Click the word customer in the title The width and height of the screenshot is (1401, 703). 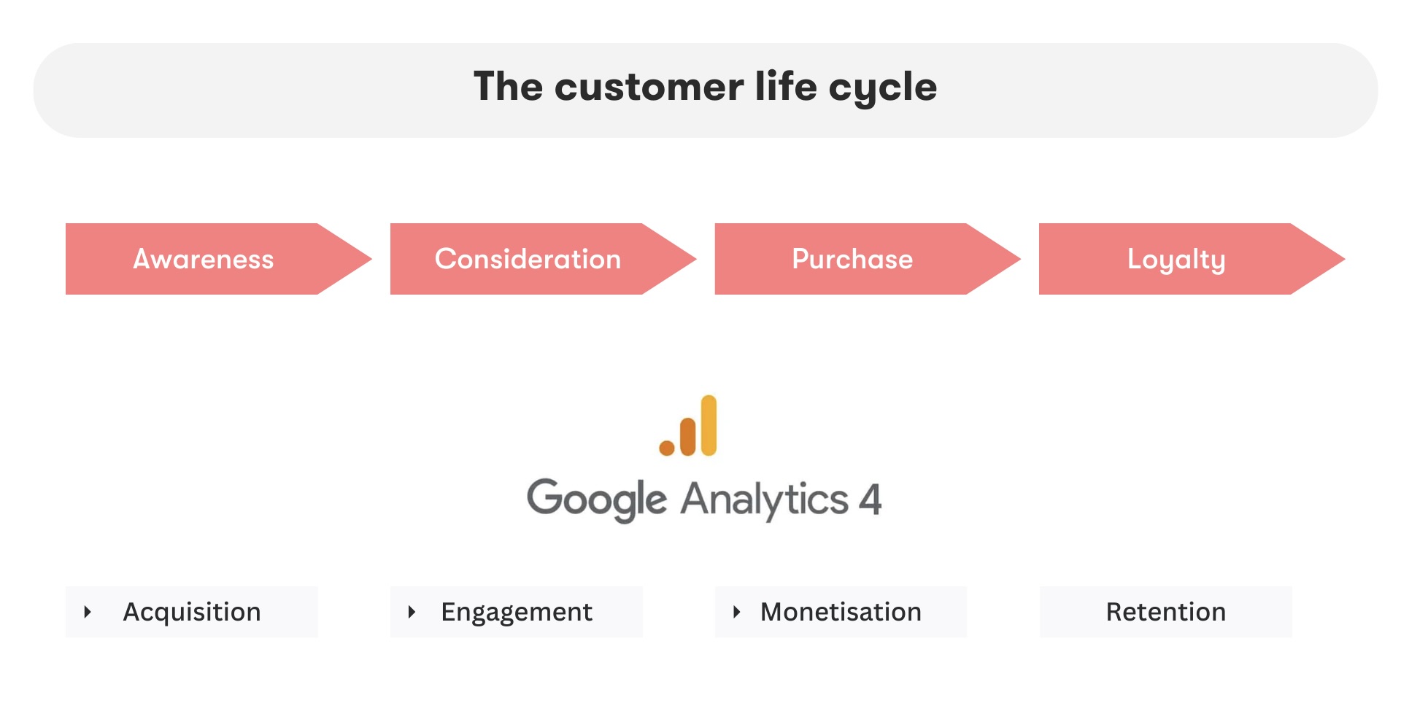tap(649, 87)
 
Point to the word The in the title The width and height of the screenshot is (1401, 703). tap(508, 87)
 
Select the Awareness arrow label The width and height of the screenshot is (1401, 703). tap(203, 259)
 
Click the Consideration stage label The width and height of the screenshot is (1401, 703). tap(528, 259)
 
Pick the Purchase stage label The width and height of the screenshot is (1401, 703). tap(852, 259)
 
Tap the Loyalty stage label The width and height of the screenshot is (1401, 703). tap(1176, 259)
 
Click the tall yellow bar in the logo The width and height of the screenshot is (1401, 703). tap(709, 425)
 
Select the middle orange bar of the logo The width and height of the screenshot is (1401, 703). tap(687, 436)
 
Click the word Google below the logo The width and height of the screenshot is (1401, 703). tap(596, 499)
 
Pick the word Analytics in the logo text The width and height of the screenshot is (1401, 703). tap(764, 499)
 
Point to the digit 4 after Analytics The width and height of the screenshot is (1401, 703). tap(870, 499)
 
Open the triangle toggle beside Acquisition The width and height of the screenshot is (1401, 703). tap(88, 612)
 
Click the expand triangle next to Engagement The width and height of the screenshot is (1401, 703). tap(412, 612)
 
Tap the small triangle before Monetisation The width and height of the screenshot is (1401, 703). tap(736, 612)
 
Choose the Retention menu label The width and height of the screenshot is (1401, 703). tap(1165, 612)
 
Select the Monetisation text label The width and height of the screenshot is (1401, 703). tap(841, 612)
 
